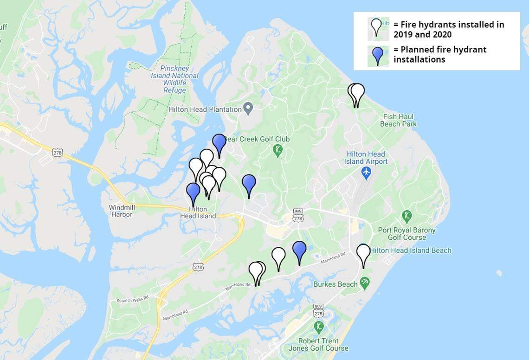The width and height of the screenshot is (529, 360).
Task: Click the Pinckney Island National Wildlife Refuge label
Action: [x=174, y=79]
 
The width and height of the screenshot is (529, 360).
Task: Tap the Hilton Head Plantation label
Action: [x=205, y=109]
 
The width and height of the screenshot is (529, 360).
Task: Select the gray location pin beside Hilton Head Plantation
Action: [x=248, y=109]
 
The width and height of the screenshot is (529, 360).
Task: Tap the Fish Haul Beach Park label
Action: [x=398, y=120]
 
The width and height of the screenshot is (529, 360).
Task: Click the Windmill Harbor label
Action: [x=122, y=211]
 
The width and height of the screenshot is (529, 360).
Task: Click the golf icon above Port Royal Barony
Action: [x=406, y=216]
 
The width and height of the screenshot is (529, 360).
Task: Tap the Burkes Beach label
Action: [x=335, y=284]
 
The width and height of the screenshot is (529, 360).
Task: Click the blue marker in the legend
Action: [x=378, y=55]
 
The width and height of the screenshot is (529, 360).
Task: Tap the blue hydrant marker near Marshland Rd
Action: [x=299, y=251]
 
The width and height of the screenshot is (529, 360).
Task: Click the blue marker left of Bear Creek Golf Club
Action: [x=219, y=143]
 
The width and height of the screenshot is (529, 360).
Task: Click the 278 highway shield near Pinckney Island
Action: [x=58, y=153]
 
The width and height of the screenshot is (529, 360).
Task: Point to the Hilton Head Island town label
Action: [x=198, y=212]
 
